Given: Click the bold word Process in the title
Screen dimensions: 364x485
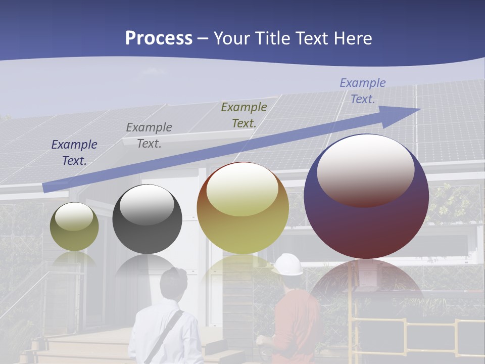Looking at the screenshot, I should click(x=159, y=38).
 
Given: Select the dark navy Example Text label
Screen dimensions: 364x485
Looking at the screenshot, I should click(x=74, y=152).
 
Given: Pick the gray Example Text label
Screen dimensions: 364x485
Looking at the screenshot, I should click(x=149, y=135).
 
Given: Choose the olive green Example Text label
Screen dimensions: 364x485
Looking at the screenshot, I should click(x=244, y=115).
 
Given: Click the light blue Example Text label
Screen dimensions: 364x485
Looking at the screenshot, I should click(x=362, y=91).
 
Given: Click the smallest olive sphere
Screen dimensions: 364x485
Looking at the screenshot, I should click(x=74, y=226).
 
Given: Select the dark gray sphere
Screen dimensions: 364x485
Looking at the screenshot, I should click(x=147, y=219).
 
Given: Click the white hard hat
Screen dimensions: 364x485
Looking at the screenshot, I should click(x=288, y=264).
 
